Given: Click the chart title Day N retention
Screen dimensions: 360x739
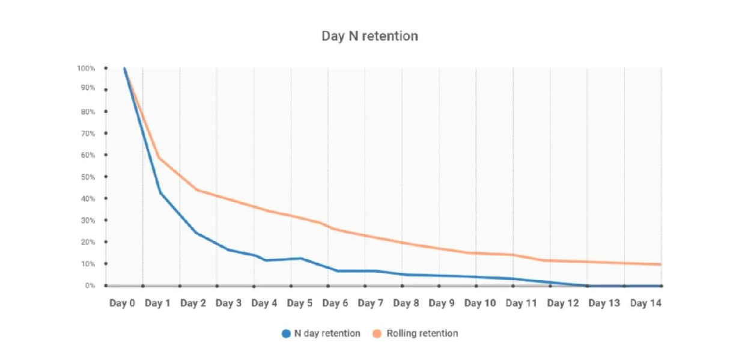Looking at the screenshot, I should click(369, 36).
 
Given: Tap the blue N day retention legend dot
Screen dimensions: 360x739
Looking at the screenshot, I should click(286, 334).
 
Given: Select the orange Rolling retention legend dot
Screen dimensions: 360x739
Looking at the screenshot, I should click(377, 334).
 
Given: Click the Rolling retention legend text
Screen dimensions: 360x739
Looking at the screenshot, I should click(422, 334).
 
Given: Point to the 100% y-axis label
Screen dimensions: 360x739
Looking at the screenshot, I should click(87, 68).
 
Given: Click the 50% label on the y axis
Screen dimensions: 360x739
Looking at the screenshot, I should click(88, 177).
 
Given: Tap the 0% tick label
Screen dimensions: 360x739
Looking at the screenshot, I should click(90, 285).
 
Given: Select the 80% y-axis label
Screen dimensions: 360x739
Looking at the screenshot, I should click(88, 112).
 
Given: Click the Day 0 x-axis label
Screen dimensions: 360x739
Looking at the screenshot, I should click(122, 304).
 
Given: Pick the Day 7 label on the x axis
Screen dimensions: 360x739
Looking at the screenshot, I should click(370, 304).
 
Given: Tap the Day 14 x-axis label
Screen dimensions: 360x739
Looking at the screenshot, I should click(646, 304).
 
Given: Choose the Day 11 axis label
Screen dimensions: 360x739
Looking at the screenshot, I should click(521, 304).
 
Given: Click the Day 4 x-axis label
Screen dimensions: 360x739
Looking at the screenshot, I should click(264, 304).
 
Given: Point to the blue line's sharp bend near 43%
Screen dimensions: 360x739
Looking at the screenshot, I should click(160, 192).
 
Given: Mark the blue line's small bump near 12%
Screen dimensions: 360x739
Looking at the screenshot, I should click(300, 258).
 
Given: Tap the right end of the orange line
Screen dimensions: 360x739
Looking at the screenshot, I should click(661, 264).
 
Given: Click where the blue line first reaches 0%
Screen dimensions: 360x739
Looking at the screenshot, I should click(587, 285).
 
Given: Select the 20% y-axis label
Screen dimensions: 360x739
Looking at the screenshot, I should click(88, 242).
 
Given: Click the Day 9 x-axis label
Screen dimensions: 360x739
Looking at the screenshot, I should click(442, 304).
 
